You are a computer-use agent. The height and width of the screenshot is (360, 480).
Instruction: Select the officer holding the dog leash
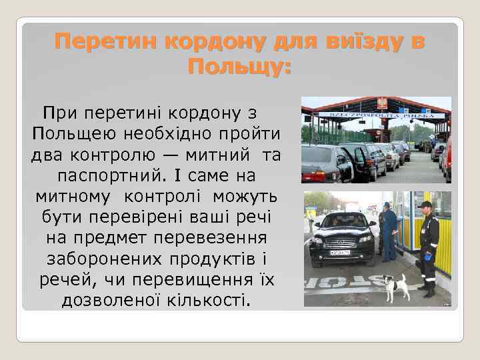[429, 247]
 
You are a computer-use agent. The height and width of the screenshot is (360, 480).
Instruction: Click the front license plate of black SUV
[341, 253]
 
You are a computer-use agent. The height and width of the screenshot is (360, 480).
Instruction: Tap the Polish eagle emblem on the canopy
[383, 103]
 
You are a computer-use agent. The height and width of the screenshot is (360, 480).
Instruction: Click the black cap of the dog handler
[425, 205]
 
